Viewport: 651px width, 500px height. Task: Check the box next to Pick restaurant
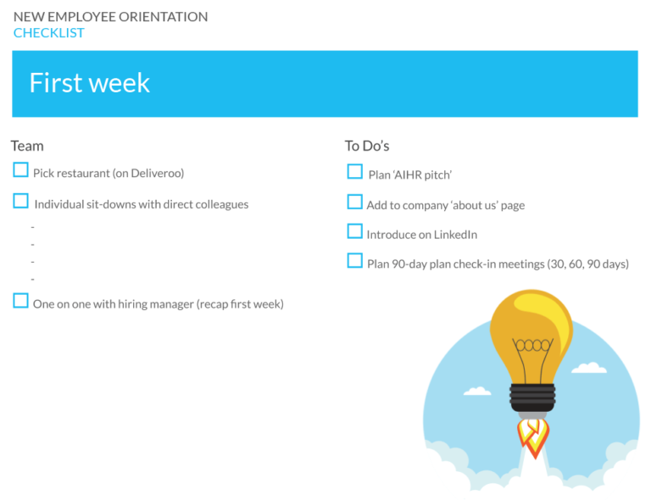20,170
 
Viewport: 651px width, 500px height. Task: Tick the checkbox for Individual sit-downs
20,201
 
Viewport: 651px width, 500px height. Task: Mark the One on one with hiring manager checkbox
20,301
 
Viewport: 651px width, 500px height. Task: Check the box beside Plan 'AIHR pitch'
354,172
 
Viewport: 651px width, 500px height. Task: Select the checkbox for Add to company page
354,203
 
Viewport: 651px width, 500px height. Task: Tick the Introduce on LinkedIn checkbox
354,231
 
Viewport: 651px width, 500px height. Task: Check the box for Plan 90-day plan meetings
354,261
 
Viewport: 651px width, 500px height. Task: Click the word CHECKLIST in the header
48,33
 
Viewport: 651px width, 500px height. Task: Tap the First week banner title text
89,83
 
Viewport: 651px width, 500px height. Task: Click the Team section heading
27,146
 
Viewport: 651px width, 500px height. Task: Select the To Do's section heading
366,146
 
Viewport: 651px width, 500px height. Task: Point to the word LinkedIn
455,235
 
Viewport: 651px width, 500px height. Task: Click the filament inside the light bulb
532,346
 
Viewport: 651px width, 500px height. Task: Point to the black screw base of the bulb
532,397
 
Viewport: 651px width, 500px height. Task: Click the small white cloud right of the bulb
588,368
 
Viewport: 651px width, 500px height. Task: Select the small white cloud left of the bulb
477,392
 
